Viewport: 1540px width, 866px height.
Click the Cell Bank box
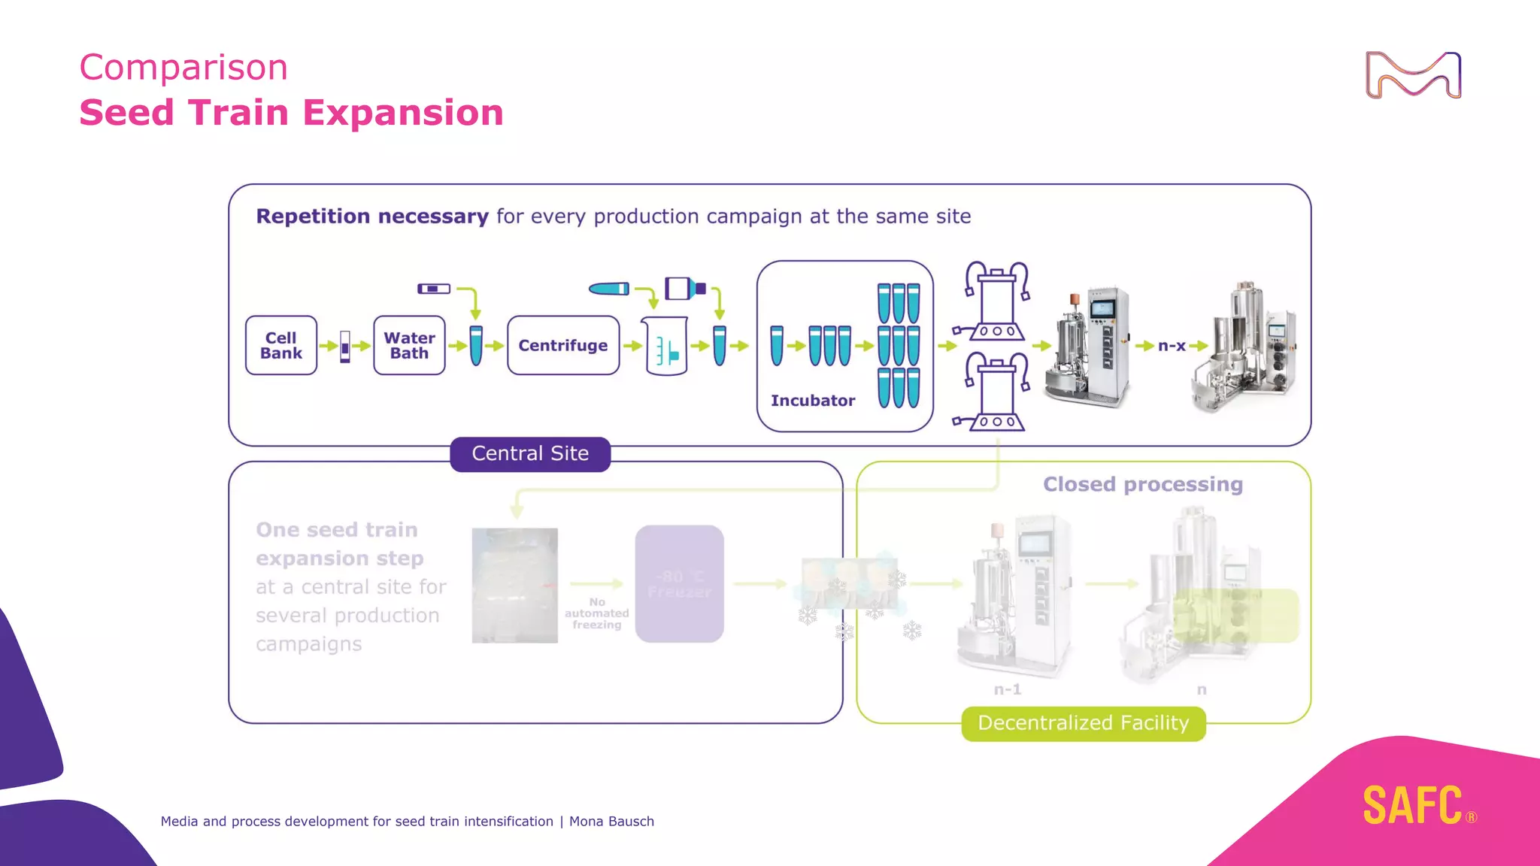(x=280, y=346)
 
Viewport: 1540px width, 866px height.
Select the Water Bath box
(x=409, y=346)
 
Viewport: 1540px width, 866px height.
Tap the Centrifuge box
(x=562, y=346)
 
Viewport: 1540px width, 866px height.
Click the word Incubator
(x=812, y=401)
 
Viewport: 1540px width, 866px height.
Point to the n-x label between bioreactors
(x=1172, y=346)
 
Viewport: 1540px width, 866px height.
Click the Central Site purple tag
(x=530, y=453)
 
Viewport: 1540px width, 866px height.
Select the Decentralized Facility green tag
(x=1083, y=723)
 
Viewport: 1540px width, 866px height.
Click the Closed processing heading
(x=1142, y=485)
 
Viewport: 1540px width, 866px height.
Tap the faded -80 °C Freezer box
(x=679, y=584)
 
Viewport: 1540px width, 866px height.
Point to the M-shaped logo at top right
(x=1413, y=75)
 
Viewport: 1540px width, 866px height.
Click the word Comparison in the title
(x=183, y=68)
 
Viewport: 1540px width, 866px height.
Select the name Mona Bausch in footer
(x=611, y=822)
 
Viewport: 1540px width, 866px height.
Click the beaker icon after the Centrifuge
(x=666, y=347)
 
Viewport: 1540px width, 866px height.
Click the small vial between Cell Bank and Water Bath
(x=345, y=347)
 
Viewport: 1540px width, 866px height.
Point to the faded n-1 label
(x=1007, y=689)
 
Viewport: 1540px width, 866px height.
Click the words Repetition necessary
(x=372, y=216)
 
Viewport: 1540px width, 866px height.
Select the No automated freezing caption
(x=596, y=613)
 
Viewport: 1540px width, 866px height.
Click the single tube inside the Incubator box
(x=777, y=346)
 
